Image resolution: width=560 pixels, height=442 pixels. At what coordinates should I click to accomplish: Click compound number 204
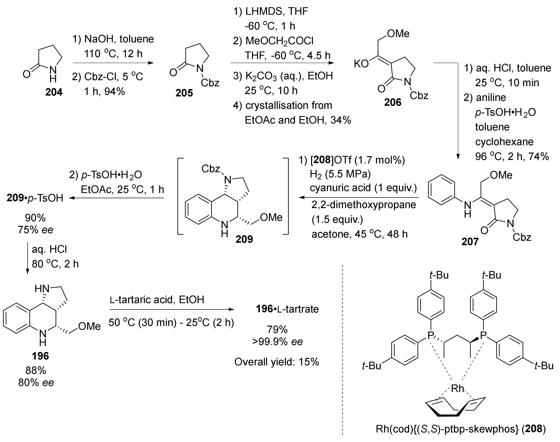tap(54, 92)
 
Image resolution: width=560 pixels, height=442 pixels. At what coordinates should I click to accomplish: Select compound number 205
tap(184, 93)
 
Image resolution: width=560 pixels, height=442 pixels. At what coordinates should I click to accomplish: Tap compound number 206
tap(393, 102)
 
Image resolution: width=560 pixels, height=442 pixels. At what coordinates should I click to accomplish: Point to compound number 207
tap(470, 241)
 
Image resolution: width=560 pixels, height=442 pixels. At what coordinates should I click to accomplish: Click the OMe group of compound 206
tap(398, 34)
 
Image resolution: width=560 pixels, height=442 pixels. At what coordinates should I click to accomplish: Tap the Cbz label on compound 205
tap(210, 83)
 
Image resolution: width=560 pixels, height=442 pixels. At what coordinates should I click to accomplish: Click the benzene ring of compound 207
tap(441, 189)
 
